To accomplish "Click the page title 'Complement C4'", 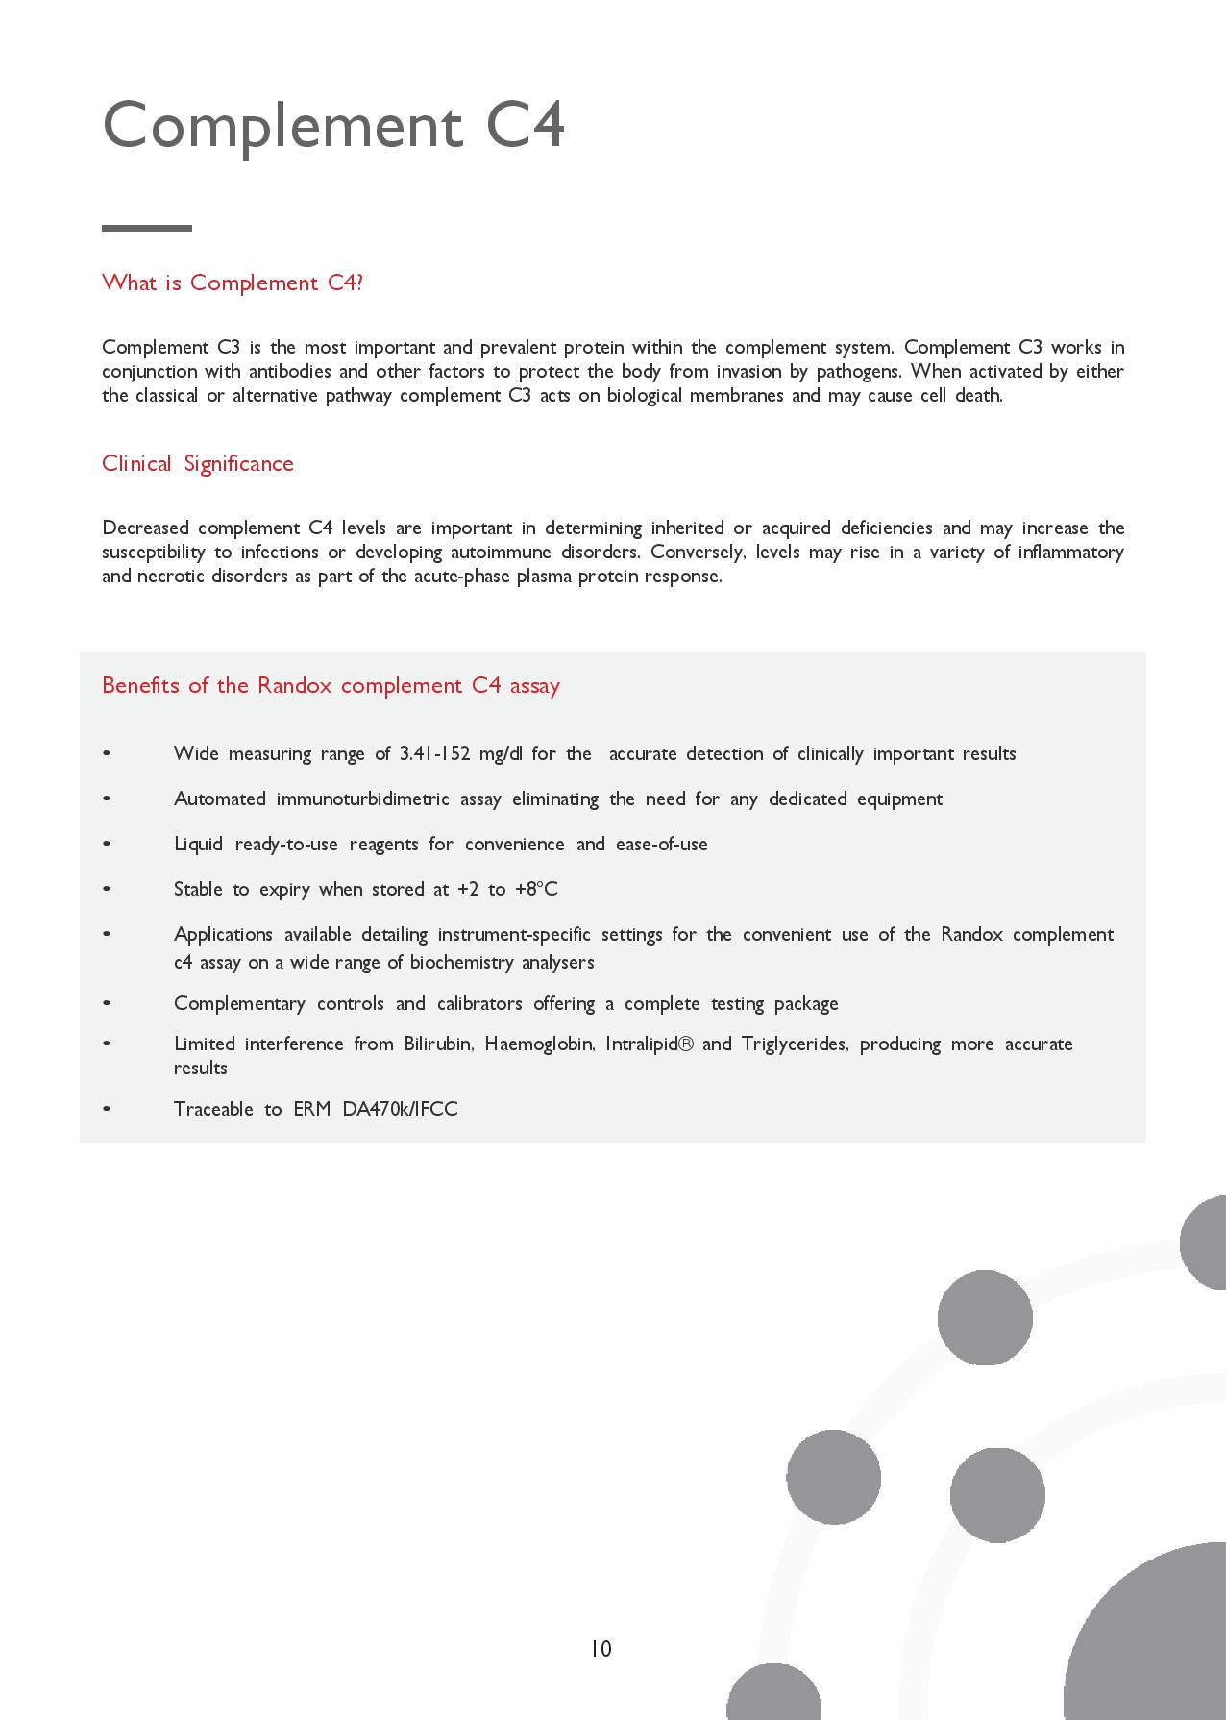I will pos(333,126).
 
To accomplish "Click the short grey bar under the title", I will pos(147,228).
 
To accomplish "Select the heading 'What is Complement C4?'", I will pos(233,283).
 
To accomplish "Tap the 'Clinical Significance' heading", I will pos(198,463).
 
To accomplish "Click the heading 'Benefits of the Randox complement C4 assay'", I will pos(331,685).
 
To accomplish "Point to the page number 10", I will pos(601,1649).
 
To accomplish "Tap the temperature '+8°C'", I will pos(536,889).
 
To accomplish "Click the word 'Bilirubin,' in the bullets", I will pos(438,1044).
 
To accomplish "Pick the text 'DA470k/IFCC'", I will pos(400,1109).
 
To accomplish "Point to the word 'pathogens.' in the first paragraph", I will pos(859,371).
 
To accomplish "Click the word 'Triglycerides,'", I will pos(795,1044).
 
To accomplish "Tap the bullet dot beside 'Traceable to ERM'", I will pos(107,1109).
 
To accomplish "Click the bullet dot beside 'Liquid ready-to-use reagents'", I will pos(107,844).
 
